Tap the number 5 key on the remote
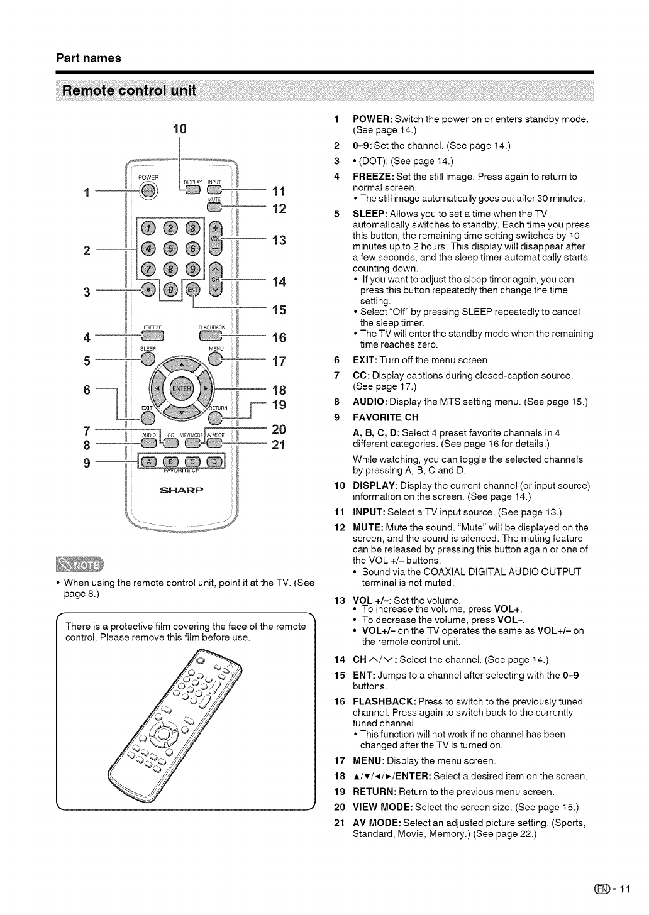point(171,250)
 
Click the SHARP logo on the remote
point(180,490)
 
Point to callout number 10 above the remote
point(180,129)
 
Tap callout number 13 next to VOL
point(279,239)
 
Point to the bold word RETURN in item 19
point(374,792)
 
